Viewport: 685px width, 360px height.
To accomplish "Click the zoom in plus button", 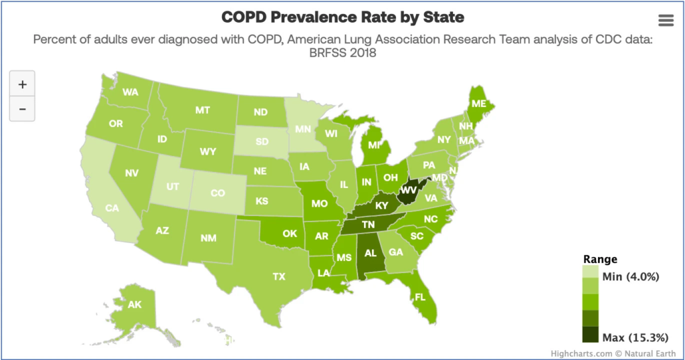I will click(x=22, y=84).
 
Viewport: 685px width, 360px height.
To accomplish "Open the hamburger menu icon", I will click(x=666, y=20).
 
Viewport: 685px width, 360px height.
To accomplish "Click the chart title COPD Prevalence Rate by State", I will click(x=342, y=16).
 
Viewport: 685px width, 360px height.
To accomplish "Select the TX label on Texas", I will click(x=279, y=276).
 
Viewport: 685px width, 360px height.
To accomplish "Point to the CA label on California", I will click(x=112, y=208).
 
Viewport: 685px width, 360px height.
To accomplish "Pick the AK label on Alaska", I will click(x=134, y=304).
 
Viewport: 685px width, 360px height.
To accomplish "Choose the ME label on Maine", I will click(x=478, y=104).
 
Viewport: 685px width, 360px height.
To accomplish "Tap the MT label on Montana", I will click(x=203, y=110).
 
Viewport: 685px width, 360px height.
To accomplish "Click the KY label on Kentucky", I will click(x=382, y=205).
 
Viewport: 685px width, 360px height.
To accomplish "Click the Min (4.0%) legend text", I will click(x=631, y=276).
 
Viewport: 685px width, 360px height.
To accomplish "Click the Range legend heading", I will click(x=600, y=260).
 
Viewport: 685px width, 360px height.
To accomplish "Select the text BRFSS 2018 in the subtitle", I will click(x=342, y=54).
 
